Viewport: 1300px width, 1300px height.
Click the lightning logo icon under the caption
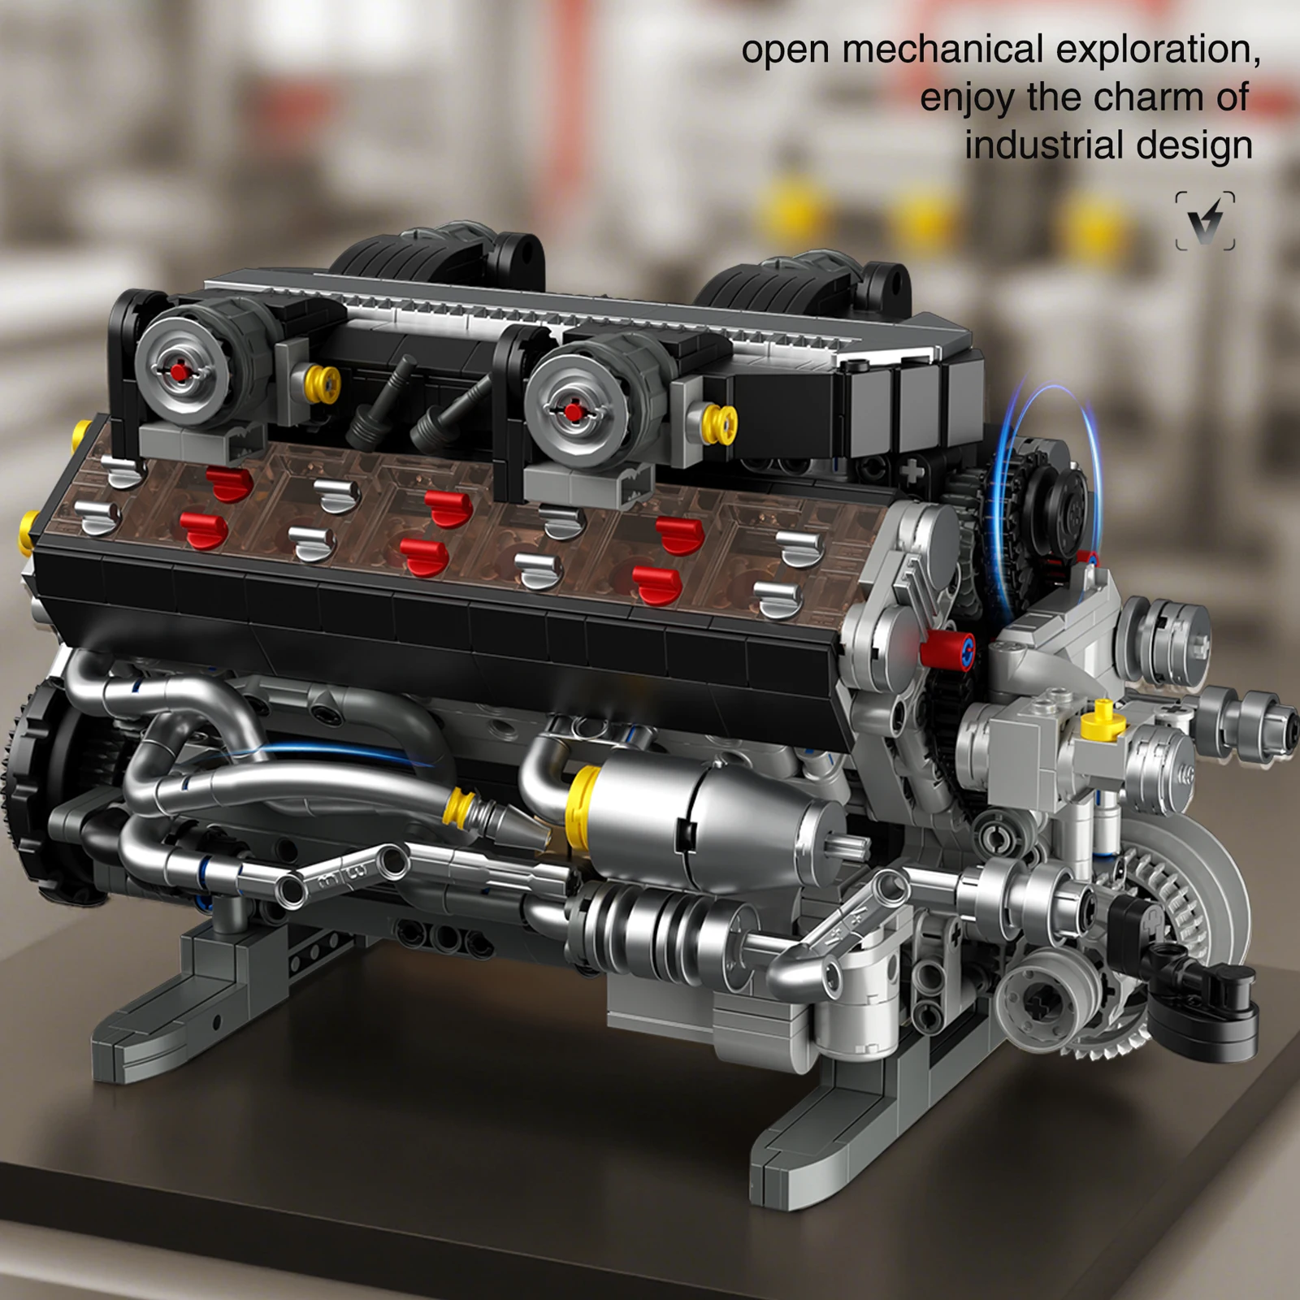1205,221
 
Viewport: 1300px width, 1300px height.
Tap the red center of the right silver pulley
574,412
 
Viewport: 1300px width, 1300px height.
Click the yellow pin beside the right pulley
718,422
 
